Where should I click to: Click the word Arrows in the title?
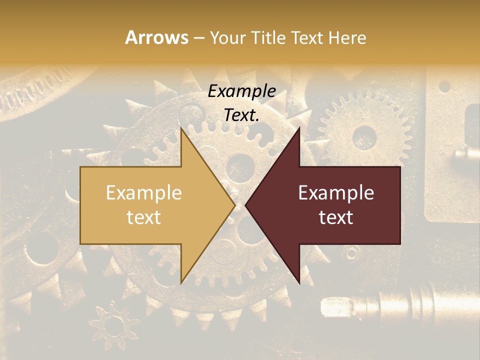click(157, 37)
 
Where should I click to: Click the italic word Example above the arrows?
click(241, 91)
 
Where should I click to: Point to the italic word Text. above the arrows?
click(241, 115)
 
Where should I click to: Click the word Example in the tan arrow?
click(144, 193)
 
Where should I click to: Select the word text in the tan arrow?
click(144, 217)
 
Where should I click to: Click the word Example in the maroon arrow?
click(336, 193)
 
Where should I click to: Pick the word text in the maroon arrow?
click(336, 217)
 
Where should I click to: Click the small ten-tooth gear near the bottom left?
click(114, 323)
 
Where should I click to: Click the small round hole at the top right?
click(444, 86)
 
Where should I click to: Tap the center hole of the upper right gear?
click(364, 136)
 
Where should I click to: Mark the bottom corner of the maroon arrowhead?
click(299, 283)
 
